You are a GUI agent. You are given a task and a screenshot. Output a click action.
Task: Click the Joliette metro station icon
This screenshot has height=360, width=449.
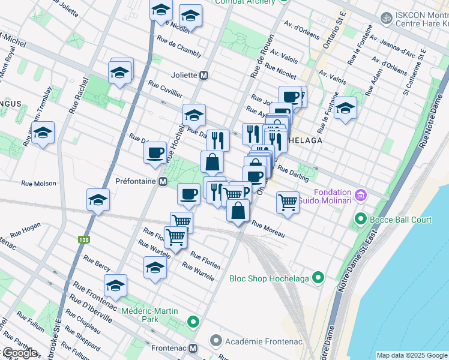[x=204, y=76]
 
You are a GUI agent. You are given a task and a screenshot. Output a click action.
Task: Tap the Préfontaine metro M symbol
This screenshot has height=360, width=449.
[x=163, y=181]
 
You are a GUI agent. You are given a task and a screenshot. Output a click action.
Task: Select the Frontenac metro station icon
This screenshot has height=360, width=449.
[x=193, y=348]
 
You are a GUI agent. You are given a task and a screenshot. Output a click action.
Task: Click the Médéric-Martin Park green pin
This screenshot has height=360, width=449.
[x=193, y=322]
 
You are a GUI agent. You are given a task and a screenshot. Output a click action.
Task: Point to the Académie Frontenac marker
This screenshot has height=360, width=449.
[x=216, y=341]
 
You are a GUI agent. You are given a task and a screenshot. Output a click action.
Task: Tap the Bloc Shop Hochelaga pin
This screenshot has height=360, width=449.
[x=318, y=278]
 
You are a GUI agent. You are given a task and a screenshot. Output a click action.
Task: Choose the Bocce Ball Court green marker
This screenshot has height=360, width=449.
[x=361, y=220]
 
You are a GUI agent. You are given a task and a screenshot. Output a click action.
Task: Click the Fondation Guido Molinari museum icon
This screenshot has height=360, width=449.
[x=361, y=194]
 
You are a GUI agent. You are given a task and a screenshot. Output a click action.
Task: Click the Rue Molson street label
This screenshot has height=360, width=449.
[x=38, y=184]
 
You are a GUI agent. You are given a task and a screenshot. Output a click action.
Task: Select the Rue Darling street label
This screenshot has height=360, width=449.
[x=293, y=174]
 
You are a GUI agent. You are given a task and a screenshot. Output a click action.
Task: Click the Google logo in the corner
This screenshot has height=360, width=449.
[x=20, y=353]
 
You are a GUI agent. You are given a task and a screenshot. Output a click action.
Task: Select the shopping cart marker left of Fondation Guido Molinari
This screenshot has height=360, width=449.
[x=288, y=202]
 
